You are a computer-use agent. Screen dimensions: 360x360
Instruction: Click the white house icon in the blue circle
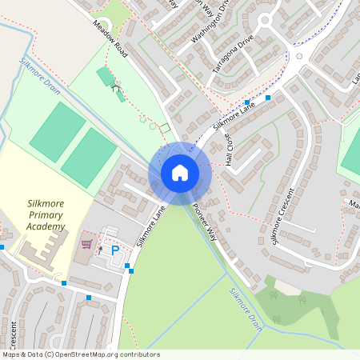180,172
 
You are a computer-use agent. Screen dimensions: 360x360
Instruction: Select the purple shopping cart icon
86,243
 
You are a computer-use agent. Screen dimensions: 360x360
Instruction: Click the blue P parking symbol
114,250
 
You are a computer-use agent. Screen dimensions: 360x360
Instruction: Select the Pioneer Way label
205,222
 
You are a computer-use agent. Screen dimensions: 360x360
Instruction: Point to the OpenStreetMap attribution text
80,354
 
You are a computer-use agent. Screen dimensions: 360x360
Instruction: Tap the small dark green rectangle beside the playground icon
104,77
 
